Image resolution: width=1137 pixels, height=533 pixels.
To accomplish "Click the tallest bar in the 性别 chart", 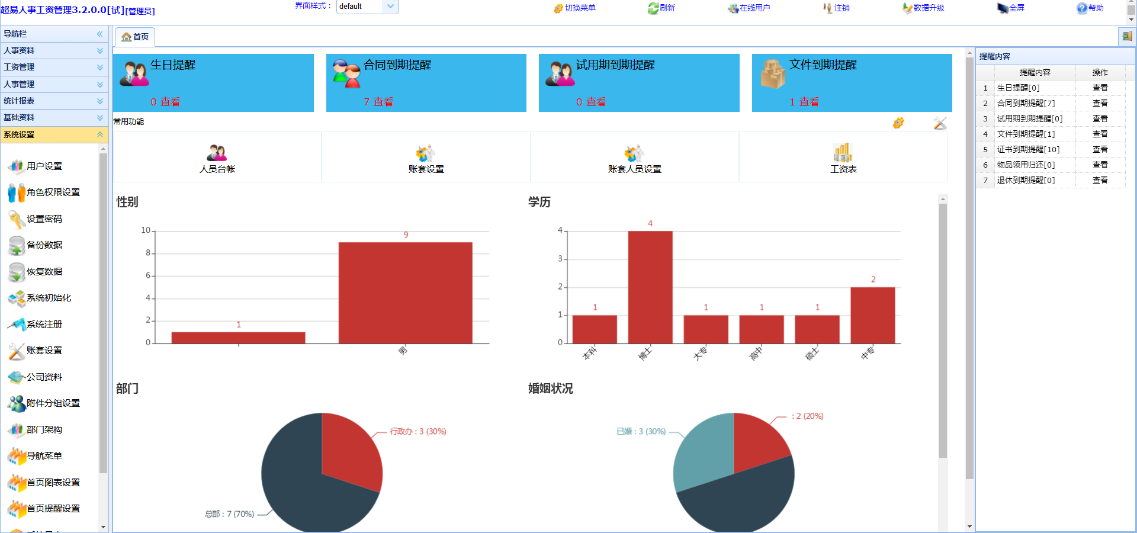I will point(405,293).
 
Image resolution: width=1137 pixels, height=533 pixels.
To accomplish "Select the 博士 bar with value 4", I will point(650,287).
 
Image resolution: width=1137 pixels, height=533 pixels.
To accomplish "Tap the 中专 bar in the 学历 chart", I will point(872,315).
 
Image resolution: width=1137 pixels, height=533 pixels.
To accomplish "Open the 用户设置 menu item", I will point(44,166).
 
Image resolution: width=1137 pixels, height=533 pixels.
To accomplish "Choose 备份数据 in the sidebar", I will point(44,245).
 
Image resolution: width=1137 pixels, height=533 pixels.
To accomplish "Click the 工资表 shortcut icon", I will point(843,153).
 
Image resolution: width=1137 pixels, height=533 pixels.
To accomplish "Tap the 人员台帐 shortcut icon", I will point(217,153).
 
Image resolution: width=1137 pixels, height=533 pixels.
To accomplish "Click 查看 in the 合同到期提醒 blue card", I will point(383,102).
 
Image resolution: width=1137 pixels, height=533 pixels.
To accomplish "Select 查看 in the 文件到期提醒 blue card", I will point(809,102).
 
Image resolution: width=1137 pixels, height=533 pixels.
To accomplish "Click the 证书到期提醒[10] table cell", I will point(1028,149).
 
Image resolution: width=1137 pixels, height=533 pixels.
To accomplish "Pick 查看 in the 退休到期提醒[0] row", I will point(1100,180).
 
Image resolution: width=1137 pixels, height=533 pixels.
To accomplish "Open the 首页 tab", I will point(135,37).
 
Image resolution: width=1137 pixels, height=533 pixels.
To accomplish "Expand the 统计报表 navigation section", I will point(53,101).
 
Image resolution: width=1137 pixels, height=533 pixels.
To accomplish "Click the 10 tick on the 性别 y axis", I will point(145,230).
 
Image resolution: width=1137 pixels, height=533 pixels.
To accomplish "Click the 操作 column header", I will point(1100,72).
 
